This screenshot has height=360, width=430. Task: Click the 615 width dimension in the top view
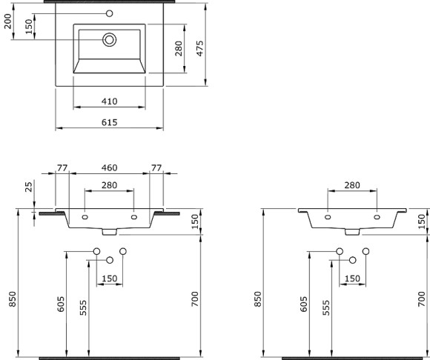(109, 122)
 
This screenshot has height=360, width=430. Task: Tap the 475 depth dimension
(199, 48)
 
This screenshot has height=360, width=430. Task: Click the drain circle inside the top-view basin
(109, 39)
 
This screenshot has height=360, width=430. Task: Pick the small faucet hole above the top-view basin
(109, 13)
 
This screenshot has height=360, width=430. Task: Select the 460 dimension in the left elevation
(109, 168)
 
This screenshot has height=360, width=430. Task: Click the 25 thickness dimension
(29, 187)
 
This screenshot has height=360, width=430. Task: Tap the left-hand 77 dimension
(62, 168)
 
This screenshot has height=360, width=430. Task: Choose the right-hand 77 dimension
(156, 168)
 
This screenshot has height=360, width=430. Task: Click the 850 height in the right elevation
(257, 297)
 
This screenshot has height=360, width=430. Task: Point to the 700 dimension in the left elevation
(194, 298)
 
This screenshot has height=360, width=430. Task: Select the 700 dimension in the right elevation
(423, 298)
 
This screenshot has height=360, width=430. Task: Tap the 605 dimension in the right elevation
(304, 304)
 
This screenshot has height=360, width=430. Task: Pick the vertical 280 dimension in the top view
(179, 49)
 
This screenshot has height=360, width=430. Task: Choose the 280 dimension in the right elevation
(352, 184)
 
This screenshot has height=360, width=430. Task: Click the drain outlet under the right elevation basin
(352, 232)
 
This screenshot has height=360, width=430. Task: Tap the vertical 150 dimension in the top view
(28, 26)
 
